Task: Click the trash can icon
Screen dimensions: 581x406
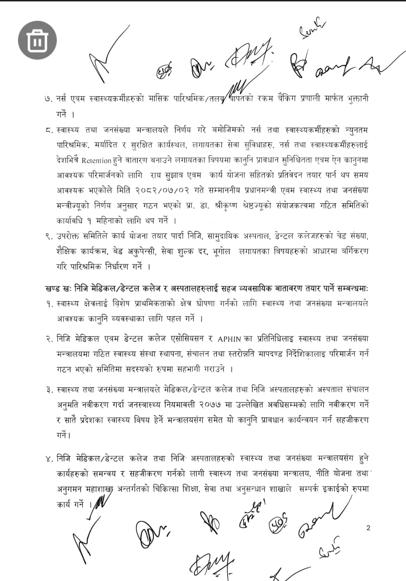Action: [37, 40]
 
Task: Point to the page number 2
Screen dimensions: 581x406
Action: [368, 528]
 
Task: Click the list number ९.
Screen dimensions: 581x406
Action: [46, 237]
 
